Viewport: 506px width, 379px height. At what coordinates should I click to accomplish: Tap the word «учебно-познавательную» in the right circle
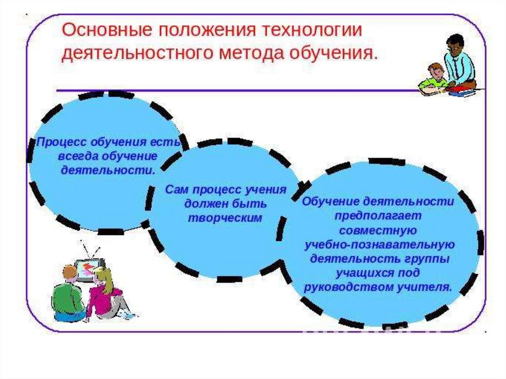379,245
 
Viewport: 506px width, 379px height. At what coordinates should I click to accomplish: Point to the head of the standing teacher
455,44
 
